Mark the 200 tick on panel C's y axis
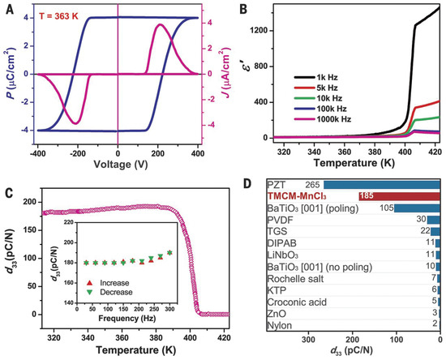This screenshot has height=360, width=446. [29, 199]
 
